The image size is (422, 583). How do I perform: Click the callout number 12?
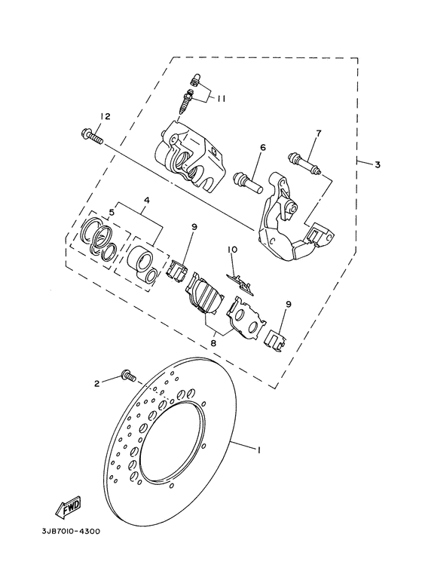[x=105, y=117]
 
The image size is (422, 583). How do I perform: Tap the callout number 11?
[x=222, y=99]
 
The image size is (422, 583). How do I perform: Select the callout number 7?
[x=318, y=133]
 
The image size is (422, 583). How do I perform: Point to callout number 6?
[x=263, y=148]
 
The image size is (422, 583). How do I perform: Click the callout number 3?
[x=378, y=164]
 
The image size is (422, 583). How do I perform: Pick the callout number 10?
[x=233, y=250]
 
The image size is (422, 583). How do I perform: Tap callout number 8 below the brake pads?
[x=213, y=343]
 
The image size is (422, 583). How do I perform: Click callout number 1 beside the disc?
[x=258, y=450]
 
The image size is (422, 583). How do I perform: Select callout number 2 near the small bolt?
[x=97, y=383]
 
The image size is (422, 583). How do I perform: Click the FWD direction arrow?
[x=68, y=508]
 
